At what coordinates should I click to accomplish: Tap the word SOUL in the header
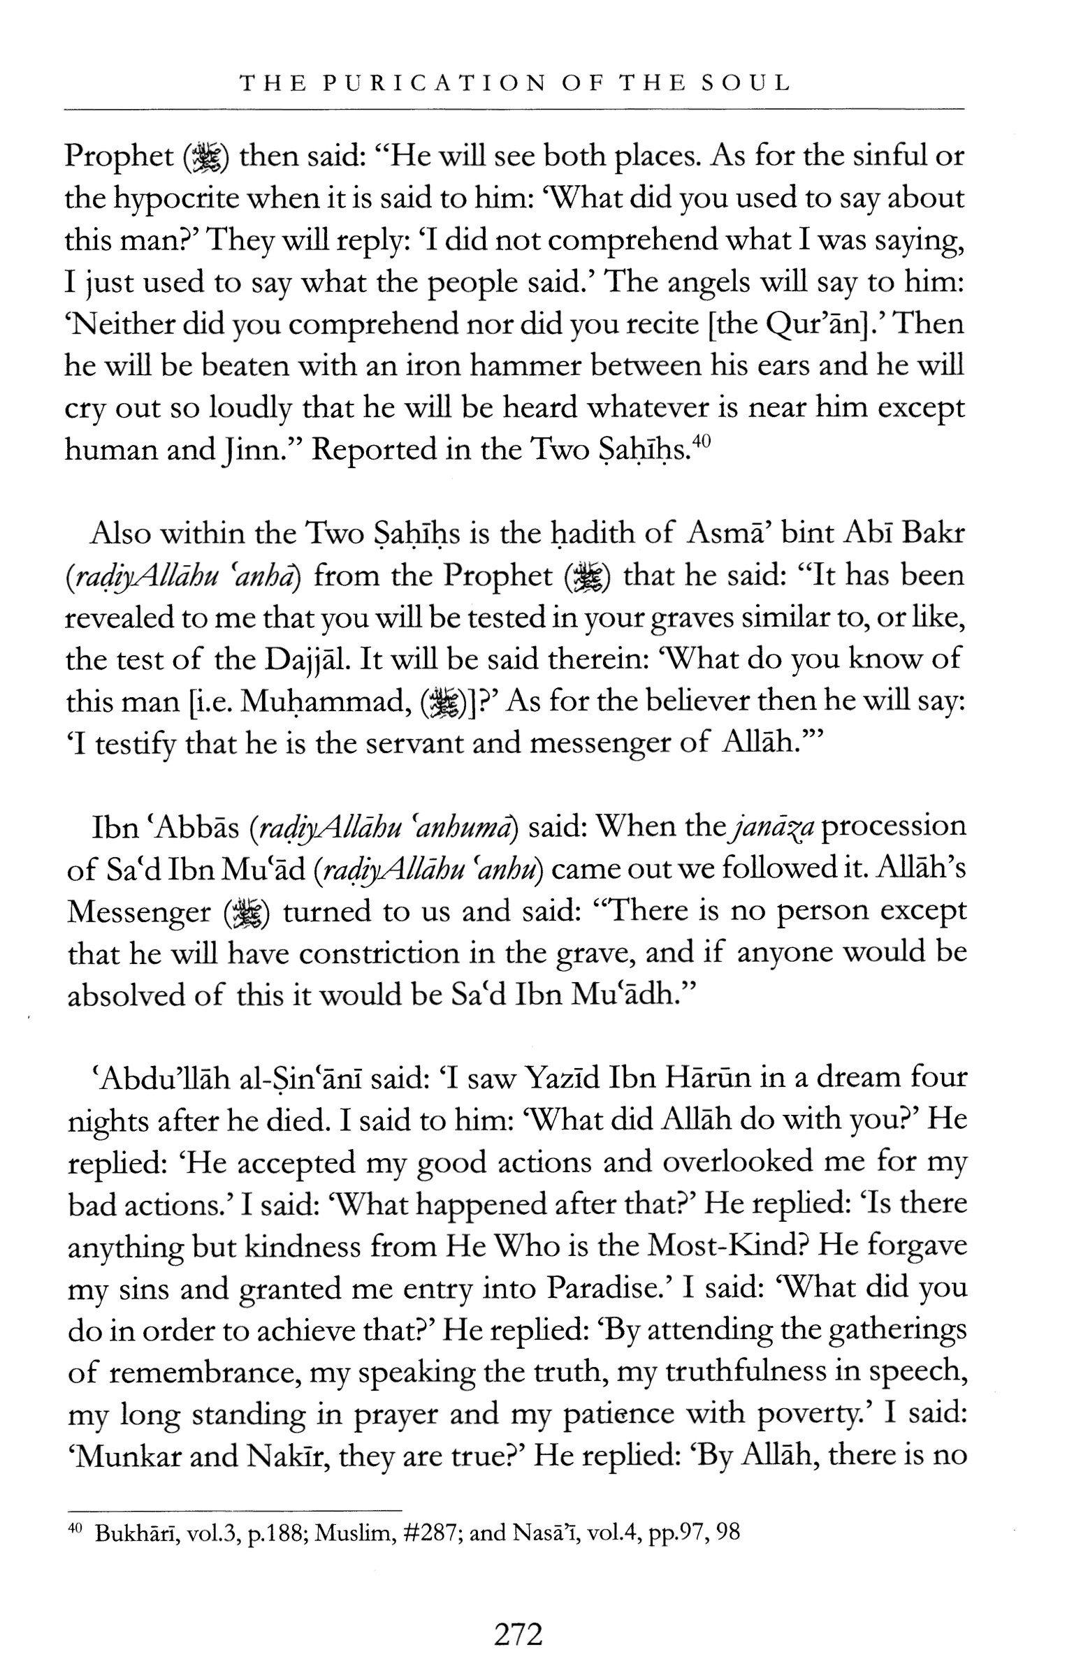point(746,84)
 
